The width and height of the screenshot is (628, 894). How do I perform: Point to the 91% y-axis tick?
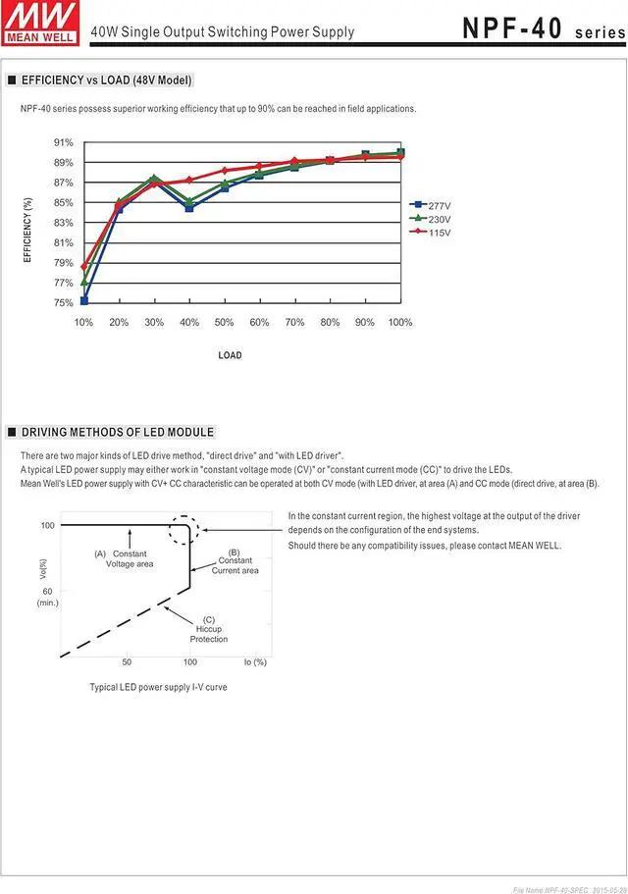[x=64, y=143]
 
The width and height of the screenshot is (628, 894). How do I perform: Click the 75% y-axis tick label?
[x=64, y=303]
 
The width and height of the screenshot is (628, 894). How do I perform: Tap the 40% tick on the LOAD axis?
[x=189, y=322]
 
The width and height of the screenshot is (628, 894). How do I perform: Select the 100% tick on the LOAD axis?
[x=399, y=322]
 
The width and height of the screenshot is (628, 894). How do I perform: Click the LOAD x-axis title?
[x=230, y=355]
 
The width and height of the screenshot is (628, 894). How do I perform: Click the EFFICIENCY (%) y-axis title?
[x=27, y=230]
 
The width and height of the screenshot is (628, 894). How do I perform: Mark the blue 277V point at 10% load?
[x=84, y=300]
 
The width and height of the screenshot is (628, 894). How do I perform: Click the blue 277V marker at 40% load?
[x=189, y=208]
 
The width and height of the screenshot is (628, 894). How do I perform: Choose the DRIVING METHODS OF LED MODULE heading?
[x=117, y=432]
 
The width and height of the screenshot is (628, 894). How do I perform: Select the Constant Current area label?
[x=235, y=561]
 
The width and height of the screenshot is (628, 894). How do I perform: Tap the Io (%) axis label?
[x=254, y=662]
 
